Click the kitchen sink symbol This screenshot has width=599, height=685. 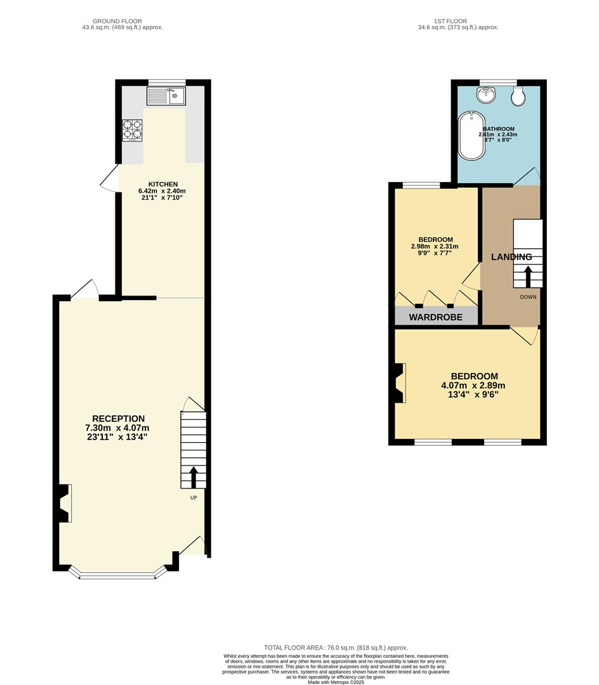tap(166, 96)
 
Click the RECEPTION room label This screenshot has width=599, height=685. tap(118, 419)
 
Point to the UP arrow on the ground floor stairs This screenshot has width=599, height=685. tap(194, 477)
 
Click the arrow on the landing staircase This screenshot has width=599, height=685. tap(527, 277)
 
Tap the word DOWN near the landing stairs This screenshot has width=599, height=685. tap(528, 297)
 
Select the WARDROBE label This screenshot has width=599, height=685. tap(435, 316)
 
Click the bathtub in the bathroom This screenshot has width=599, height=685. tap(470, 136)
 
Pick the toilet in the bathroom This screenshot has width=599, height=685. tap(518, 96)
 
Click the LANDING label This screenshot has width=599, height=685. tap(511, 257)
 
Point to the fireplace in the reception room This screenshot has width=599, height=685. tap(63, 503)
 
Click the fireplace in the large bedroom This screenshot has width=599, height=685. tap(398, 383)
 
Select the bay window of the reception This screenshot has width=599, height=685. tap(117, 575)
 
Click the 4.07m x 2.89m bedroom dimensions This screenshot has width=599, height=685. tap(473, 385)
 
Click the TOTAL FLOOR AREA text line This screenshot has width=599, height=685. tap(336, 648)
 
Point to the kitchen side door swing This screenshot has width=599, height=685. tap(109, 178)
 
